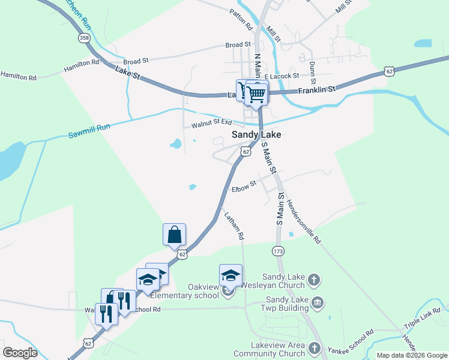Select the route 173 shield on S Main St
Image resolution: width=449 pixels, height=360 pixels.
click(277, 250)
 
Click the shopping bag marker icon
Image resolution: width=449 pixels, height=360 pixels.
click(174, 234)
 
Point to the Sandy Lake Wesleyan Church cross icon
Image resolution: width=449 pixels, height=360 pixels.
click(314, 280)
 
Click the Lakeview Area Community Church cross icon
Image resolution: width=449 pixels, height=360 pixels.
click(313, 349)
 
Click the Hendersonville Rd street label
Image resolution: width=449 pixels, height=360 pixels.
click(304, 221)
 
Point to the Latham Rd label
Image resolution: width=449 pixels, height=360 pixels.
click(234, 226)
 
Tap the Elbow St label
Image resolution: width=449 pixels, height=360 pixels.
click(244, 187)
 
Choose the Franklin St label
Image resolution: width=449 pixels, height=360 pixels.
click(315, 89)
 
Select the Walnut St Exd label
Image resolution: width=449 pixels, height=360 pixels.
click(211, 124)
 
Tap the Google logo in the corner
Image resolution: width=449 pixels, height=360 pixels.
click(20, 353)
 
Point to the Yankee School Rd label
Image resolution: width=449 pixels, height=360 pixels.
click(351, 340)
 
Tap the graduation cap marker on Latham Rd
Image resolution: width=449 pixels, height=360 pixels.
click(231, 275)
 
